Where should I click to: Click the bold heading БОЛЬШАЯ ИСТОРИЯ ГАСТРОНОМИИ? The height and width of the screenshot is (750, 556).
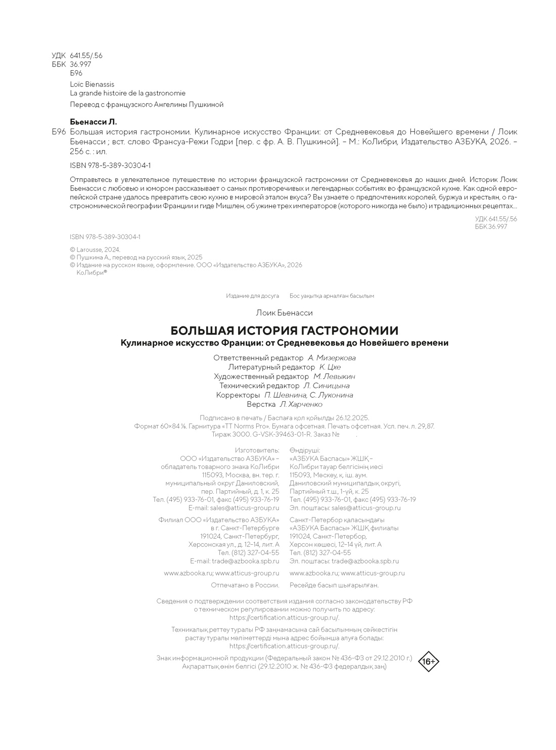pos(284,331)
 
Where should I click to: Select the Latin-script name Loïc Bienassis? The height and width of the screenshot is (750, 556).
pos(92,84)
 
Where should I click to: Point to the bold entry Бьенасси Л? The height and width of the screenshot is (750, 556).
pos(92,122)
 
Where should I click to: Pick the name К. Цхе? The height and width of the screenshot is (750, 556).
pos(330,367)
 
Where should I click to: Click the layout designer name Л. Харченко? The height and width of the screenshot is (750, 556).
pos(301,404)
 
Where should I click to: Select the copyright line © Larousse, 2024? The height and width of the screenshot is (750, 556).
pos(95,249)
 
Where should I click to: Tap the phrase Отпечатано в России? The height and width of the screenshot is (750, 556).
pos(245,585)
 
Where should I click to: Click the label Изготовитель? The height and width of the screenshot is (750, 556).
pos(257,450)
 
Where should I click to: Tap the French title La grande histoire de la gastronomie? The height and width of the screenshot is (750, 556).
pos(127,93)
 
